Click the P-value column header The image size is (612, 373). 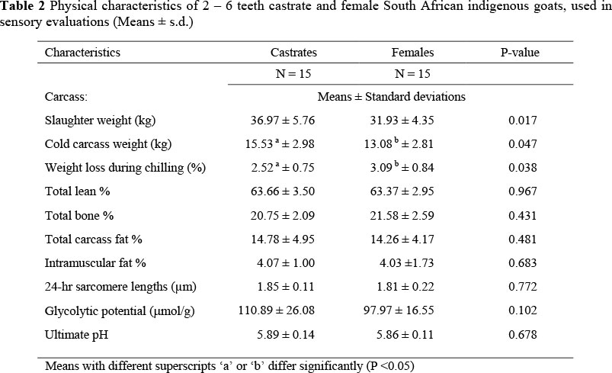pyautogui.click(x=522, y=53)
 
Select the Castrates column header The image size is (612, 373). pyautogui.click(x=293, y=53)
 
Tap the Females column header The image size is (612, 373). pyautogui.click(x=412, y=53)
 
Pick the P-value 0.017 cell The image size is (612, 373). pyautogui.click(x=523, y=121)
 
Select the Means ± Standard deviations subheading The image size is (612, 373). pyautogui.click(x=391, y=97)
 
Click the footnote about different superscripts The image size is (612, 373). pyautogui.click(x=229, y=365)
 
